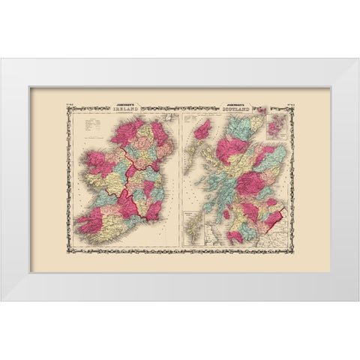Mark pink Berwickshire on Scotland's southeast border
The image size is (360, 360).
pos(274,217)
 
